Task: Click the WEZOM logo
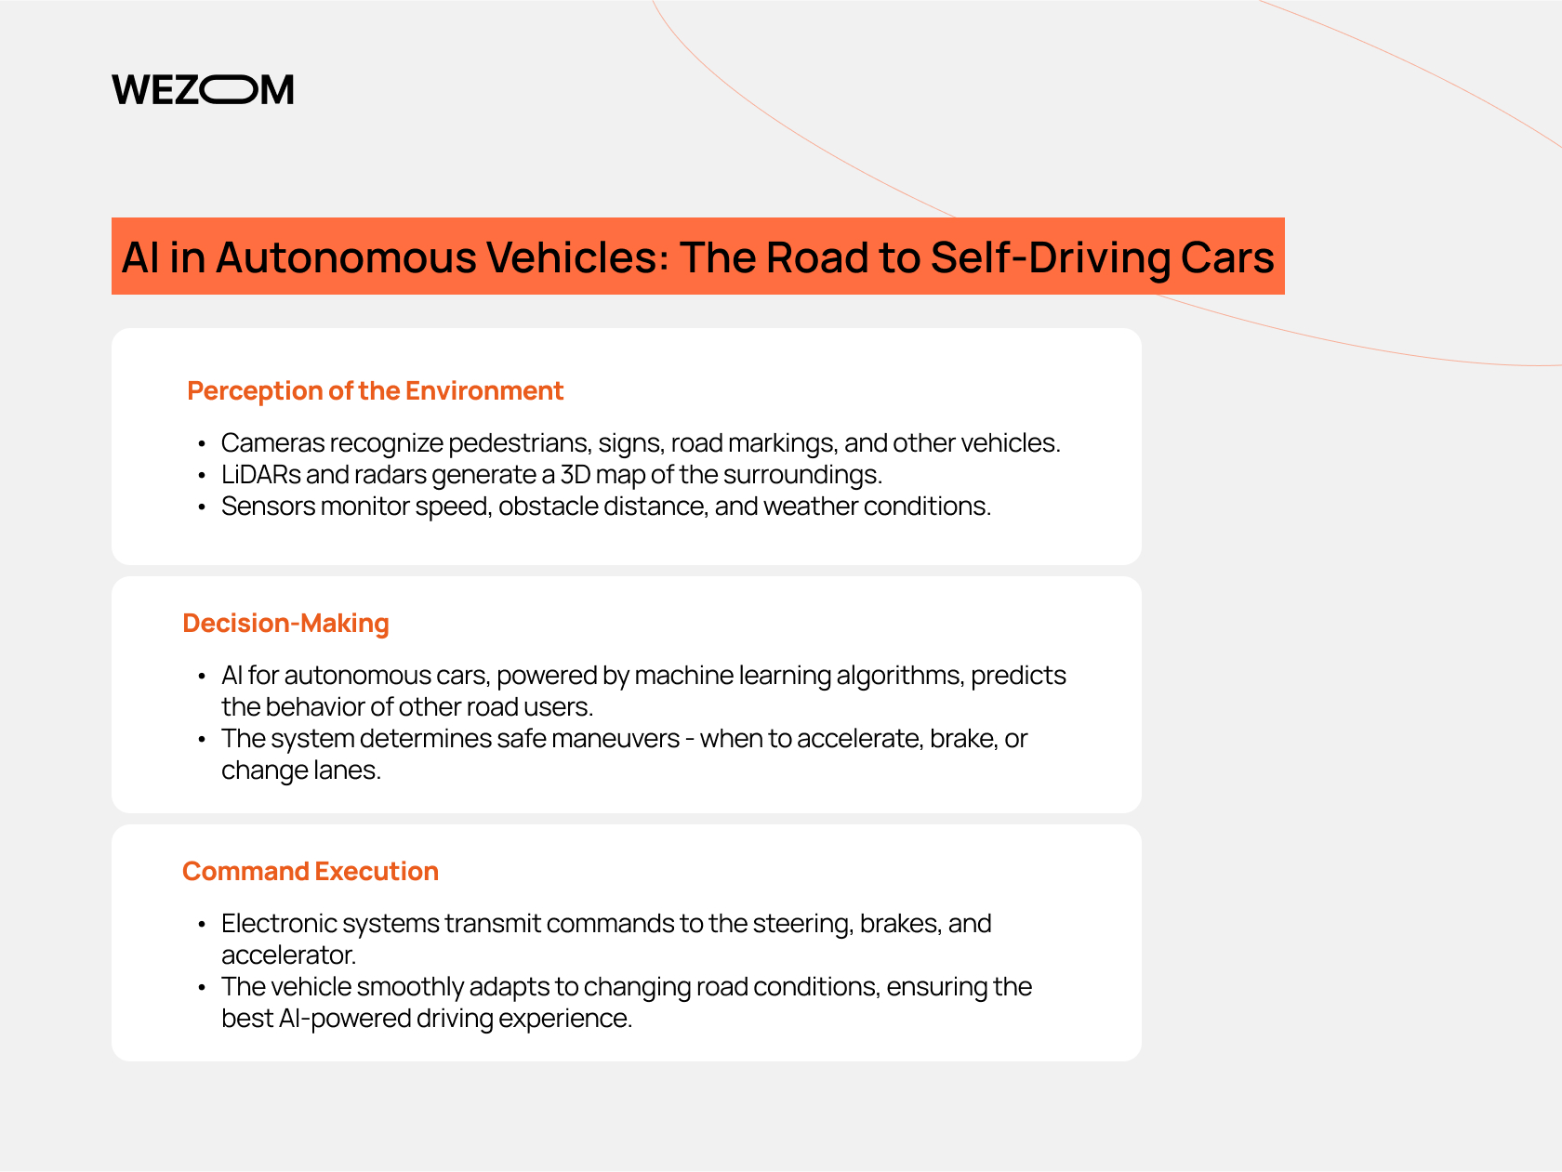pyautogui.click(x=203, y=89)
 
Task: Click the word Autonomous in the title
pyautogui.click(x=346, y=257)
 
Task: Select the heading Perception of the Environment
pyautogui.click(x=375, y=391)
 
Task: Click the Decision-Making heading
pyautogui.click(x=285, y=623)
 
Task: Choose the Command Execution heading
pyautogui.click(x=311, y=871)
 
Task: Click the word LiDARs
pyautogui.click(x=261, y=474)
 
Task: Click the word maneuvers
pyautogui.click(x=616, y=739)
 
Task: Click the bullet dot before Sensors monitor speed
pyautogui.click(x=202, y=507)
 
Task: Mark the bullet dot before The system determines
pyautogui.click(x=202, y=740)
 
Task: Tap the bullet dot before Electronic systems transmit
pyautogui.click(x=202, y=925)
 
